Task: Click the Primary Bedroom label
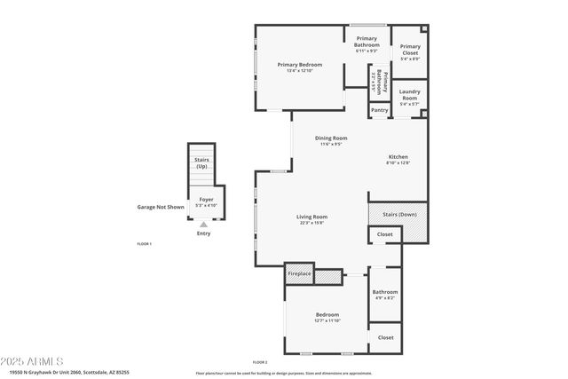click(x=298, y=65)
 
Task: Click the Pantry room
click(x=379, y=110)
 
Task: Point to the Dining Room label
click(x=330, y=138)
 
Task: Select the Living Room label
click(x=312, y=217)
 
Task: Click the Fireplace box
click(x=299, y=274)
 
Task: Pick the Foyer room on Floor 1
click(x=205, y=201)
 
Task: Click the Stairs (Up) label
click(x=201, y=163)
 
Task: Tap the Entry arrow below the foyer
click(x=203, y=226)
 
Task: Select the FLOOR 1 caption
click(x=144, y=243)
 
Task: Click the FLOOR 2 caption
click(x=259, y=362)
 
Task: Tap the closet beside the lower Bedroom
click(x=385, y=337)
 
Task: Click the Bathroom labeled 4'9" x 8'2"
click(x=384, y=294)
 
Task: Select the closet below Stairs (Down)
click(x=384, y=234)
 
